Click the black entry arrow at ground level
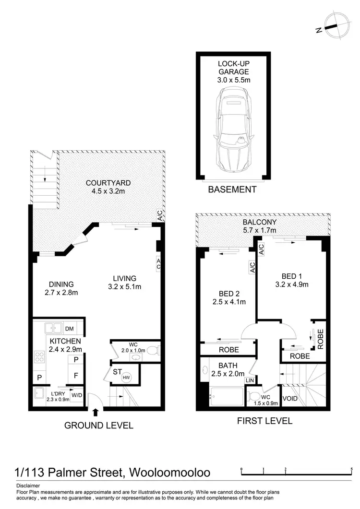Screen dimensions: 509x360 pyautogui.click(x=96, y=412)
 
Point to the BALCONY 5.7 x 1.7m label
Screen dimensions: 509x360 pyautogui.click(x=259, y=226)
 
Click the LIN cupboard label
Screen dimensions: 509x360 pyautogui.click(x=250, y=380)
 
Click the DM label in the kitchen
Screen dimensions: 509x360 pyautogui.click(x=69, y=329)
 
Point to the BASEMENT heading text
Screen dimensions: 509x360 pyautogui.click(x=232, y=189)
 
